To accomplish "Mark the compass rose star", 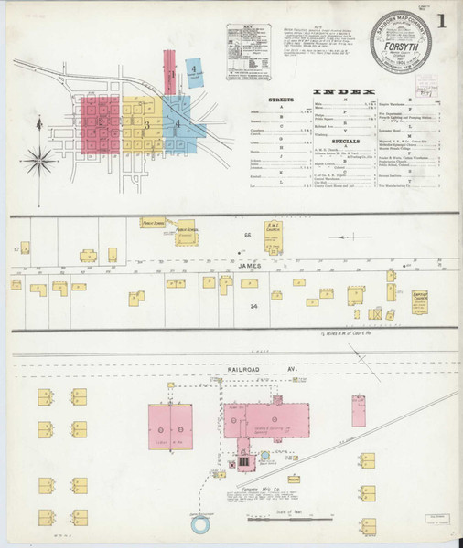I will (39, 163).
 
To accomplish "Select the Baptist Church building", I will (420, 296).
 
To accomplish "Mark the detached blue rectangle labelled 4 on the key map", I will (194, 68).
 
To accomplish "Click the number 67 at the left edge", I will (16, 248).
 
